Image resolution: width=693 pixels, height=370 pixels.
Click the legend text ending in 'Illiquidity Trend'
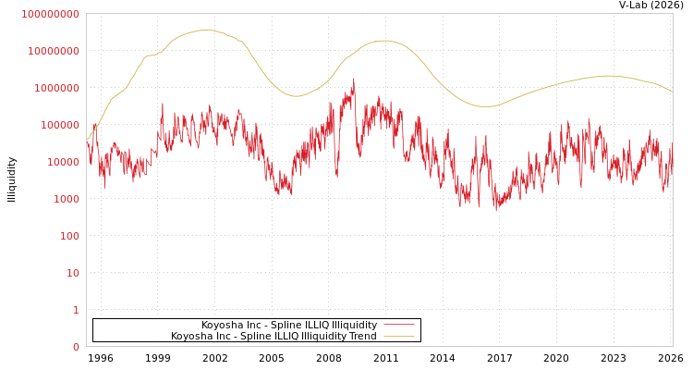(274, 336)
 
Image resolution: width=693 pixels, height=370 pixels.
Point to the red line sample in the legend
(398, 325)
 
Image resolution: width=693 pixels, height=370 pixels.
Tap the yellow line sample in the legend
(398, 336)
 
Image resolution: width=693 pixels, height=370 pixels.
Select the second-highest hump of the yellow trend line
(384, 41)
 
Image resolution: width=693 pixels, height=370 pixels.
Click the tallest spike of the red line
(353, 80)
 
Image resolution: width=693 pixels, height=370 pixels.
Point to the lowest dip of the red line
(496, 210)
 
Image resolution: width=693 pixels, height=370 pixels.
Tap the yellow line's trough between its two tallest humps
(296, 96)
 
